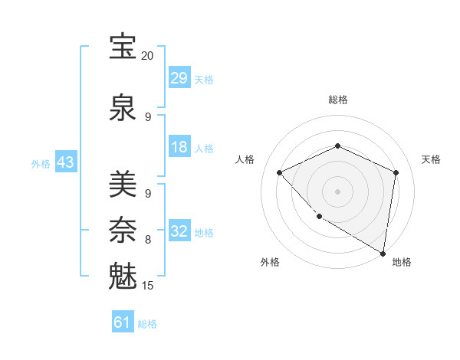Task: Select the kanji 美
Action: tap(123, 185)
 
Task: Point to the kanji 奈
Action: tap(123, 230)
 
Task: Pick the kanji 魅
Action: tap(123, 276)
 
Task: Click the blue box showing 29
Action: tap(179, 78)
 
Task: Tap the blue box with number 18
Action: tap(179, 147)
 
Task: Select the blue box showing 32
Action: tap(179, 231)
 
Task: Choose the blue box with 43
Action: tap(66, 163)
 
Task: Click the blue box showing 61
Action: tap(123, 322)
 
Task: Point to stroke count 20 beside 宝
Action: tap(147, 56)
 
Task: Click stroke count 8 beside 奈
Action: tap(148, 240)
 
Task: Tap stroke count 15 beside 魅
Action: tap(148, 286)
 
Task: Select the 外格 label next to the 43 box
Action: tap(41, 164)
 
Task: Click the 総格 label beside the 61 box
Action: tap(147, 324)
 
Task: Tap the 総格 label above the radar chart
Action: tap(337, 100)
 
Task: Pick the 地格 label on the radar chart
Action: tap(402, 262)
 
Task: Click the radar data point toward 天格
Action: tap(396, 172)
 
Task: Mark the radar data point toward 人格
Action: tap(280, 172)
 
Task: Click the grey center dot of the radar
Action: tap(337, 191)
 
